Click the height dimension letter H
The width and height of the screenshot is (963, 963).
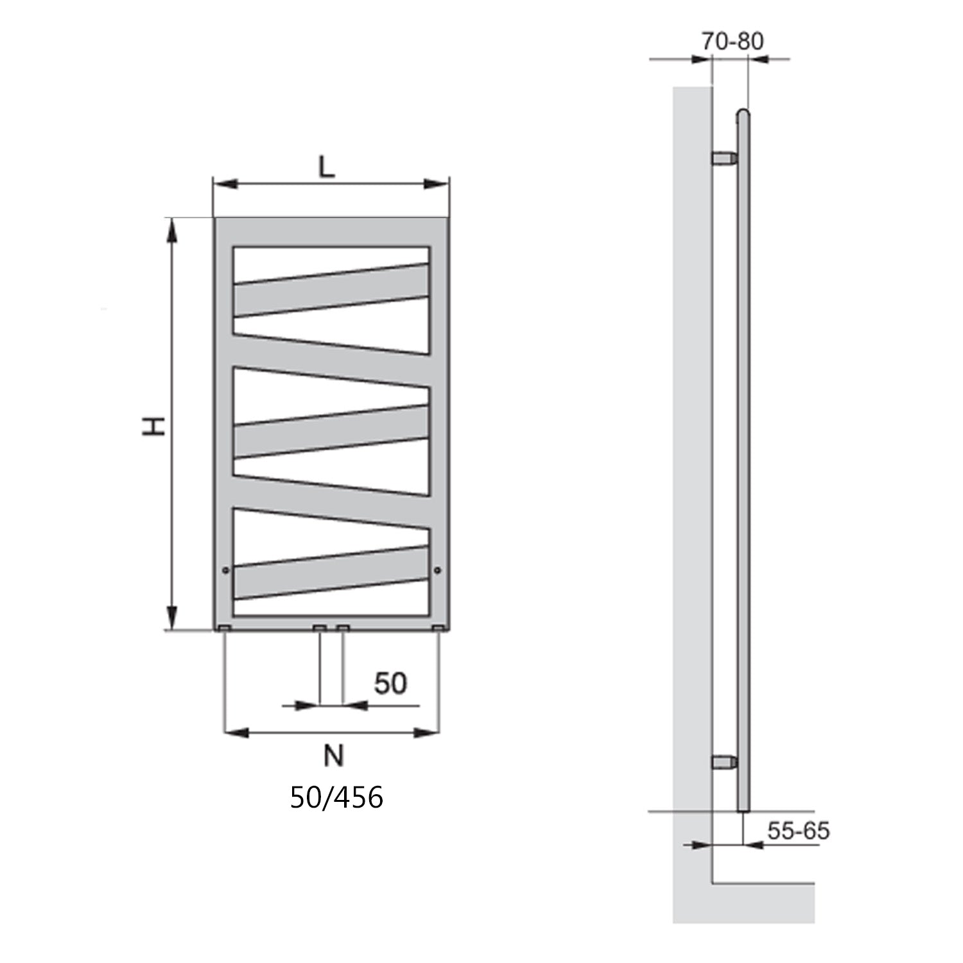154,426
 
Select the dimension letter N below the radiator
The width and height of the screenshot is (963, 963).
333,756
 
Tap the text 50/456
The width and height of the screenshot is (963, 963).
336,797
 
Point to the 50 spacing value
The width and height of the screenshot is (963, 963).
390,683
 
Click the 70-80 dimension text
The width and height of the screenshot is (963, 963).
732,41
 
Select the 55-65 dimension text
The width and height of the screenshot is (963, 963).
798,831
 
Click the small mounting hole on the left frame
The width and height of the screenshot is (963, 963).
225,569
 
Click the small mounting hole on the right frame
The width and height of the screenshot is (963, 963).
437,569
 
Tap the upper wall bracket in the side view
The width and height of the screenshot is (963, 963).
724,158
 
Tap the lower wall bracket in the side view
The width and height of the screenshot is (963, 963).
724,762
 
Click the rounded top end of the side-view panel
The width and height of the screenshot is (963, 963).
743,114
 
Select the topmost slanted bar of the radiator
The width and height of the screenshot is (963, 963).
331,290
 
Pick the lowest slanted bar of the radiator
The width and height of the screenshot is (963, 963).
331,573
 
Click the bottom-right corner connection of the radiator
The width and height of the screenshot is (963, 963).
438,627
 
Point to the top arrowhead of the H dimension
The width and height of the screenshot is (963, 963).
171,230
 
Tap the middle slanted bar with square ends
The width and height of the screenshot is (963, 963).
331,431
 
